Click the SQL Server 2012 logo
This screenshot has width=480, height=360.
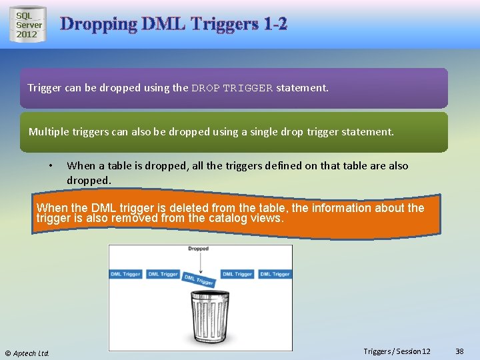pos(29,25)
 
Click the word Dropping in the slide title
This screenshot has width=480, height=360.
pos(98,25)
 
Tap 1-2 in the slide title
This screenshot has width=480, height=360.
pos(275,25)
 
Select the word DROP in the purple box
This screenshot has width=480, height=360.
pos(205,88)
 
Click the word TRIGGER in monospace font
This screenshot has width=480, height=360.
pos(248,88)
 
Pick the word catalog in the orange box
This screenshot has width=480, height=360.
pos(213,218)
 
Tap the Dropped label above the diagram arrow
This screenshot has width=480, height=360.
pos(198,249)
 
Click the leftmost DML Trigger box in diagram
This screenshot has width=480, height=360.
pos(125,274)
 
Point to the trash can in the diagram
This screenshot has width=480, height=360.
pos(200,320)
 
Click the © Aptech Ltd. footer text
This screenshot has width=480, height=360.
pos(27,353)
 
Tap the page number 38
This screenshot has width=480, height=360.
pos(459,351)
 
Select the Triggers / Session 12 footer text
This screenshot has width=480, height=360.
pos(397,351)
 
